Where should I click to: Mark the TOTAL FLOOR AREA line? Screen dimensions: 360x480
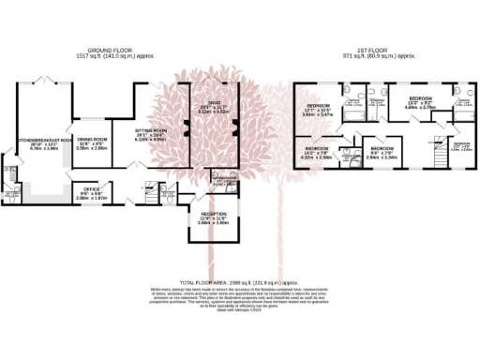click(239, 282)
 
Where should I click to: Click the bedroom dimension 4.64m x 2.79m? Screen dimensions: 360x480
click(420, 107)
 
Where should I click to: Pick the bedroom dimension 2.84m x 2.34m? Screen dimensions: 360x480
click(382, 157)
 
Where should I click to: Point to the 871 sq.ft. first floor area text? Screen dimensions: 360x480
click(357, 56)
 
